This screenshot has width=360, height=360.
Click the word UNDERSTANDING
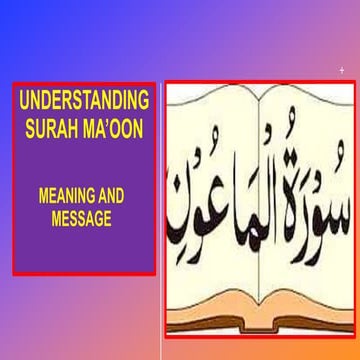[x=84, y=102]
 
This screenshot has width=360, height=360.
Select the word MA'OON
[x=118, y=125]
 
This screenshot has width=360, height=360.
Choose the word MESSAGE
[x=83, y=219]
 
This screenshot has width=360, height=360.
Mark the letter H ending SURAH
[x=83, y=125]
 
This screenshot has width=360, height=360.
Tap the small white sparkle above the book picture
[x=342, y=70]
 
